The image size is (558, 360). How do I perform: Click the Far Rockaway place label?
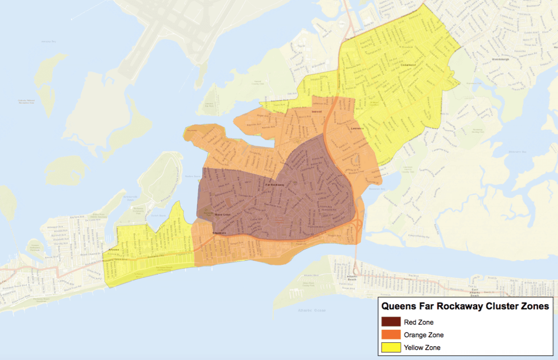(278, 186)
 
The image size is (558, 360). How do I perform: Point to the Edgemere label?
(219, 233)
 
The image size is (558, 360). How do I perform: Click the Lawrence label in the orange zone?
(357, 129)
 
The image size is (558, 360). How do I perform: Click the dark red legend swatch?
(391, 322)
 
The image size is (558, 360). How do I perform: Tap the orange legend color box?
(391, 334)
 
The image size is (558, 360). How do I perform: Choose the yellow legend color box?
(391, 347)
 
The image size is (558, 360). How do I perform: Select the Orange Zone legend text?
(423, 335)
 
